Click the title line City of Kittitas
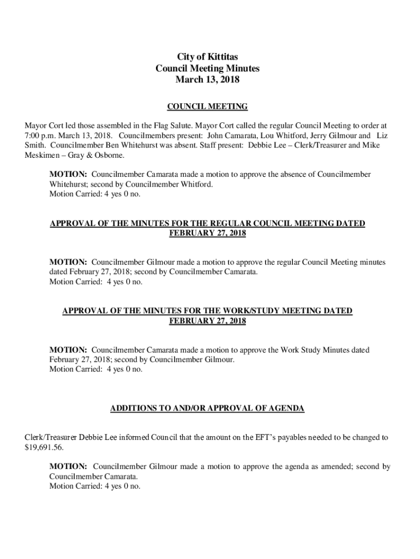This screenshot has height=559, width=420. point(207,57)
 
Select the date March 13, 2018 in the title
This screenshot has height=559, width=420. point(207,80)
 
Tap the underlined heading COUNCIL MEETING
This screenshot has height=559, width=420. point(207,106)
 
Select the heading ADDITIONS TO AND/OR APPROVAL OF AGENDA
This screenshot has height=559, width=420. point(207,408)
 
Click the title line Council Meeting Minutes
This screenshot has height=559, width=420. point(207,68)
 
